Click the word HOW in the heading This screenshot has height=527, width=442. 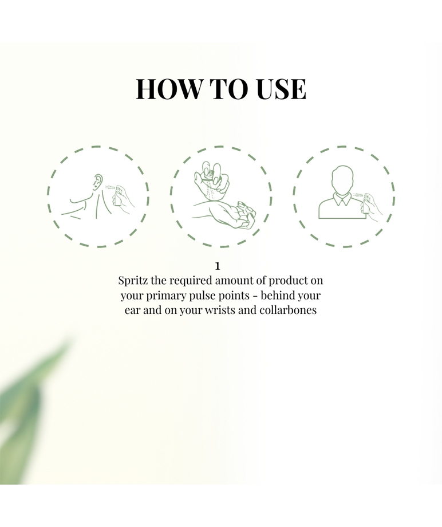pos(169,89)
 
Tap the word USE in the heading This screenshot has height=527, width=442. pos(281,89)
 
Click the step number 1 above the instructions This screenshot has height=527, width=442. pos(218,266)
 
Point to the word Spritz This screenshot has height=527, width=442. pos(133,281)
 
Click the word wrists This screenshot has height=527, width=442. pos(220,309)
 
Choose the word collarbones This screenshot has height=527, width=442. pos(288,309)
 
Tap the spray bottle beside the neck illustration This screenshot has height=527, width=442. pos(118,198)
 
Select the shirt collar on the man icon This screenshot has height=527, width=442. pos(342,199)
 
